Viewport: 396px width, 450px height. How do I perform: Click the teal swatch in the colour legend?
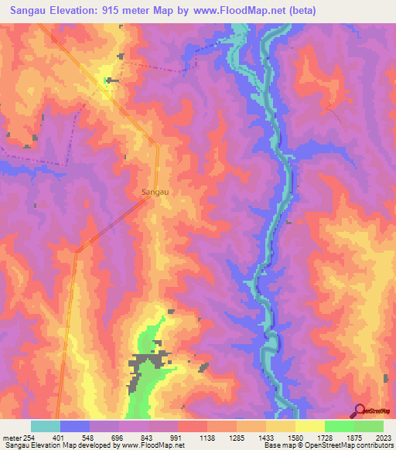point(46,426)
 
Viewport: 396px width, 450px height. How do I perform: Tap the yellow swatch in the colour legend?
point(310,426)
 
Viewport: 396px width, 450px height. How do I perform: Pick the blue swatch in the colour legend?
point(75,426)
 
